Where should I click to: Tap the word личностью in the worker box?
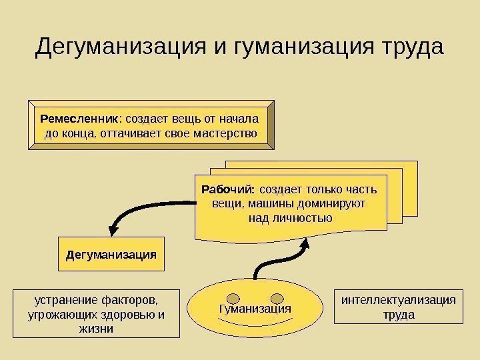pyautogui.click(x=291, y=217)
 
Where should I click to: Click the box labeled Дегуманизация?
pyautogui.click(x=111, y=254)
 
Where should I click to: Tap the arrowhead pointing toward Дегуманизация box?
pyautogui.click(x=115, y=227)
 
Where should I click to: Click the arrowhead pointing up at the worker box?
pyautogui.click(x=305, y=241)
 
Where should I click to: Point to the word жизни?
pyautogui.click(x=96, y=329)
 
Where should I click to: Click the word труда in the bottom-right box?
pyautogui.click(x=399, y=314)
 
